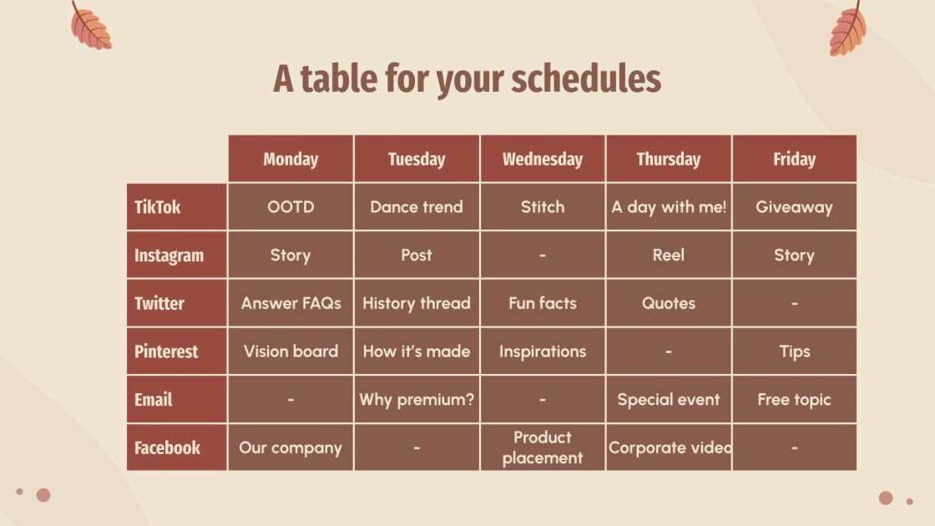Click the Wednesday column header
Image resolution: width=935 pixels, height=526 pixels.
[543, 159]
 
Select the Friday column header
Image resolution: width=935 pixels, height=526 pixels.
[794, 159]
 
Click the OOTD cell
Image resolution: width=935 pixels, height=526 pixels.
[291, 207]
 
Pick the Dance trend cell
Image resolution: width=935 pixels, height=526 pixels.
[417, 207]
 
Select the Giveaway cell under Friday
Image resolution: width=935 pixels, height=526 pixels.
[794, 207]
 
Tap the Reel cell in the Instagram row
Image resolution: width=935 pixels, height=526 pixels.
[669, 255]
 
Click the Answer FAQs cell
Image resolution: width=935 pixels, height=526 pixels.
[291, 303]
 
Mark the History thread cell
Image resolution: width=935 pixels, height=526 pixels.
[417, 303]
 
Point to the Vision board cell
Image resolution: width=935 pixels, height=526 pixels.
[291, 352]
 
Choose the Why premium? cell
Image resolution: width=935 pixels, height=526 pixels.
[417, 400]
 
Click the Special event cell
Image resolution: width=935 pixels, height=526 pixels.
[669, 400]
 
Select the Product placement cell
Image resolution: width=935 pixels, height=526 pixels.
[543, 448]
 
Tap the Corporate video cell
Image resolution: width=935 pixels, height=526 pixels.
[669, 448]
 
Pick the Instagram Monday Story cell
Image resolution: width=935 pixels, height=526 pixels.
[291, 255]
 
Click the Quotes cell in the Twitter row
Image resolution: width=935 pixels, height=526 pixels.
[669, 303]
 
